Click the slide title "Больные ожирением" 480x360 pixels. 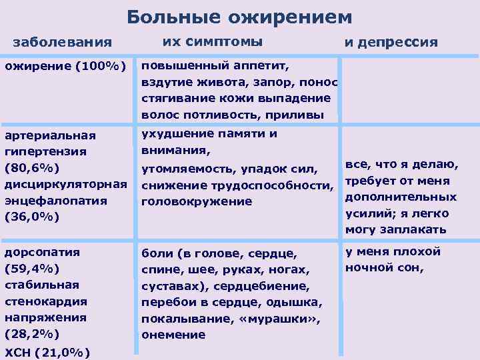coord(239,16)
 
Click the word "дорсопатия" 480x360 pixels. coord(42,253)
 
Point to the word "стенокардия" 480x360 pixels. coord(42,301)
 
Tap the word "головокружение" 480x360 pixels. coord(196,201)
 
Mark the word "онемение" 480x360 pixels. coord(173,335)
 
